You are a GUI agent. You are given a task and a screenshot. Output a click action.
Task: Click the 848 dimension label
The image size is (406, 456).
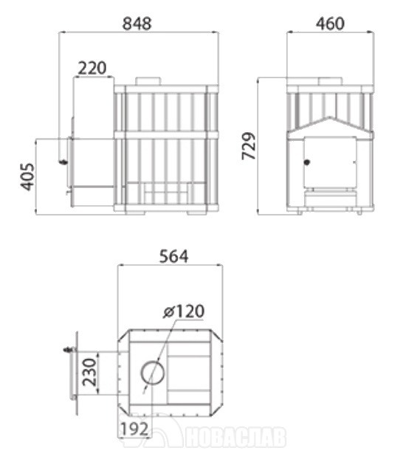pos(137,24)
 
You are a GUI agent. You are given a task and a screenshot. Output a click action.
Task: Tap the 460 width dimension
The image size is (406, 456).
pos(330,24)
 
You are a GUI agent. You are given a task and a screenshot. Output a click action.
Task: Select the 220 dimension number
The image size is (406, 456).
pos(92,68)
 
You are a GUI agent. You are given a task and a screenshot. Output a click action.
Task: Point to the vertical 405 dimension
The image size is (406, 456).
pos(28,177)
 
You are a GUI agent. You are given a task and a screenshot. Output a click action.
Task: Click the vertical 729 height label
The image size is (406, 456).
pos(249,145)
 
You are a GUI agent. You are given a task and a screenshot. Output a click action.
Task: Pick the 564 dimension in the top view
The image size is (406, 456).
pos(173,257)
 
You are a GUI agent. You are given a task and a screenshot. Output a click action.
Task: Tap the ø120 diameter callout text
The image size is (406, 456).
pos(184,311)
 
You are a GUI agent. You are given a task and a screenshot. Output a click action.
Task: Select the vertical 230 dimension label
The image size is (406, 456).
pos(89,372)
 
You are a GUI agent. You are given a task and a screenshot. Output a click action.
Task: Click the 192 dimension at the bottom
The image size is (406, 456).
pos(134,429)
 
